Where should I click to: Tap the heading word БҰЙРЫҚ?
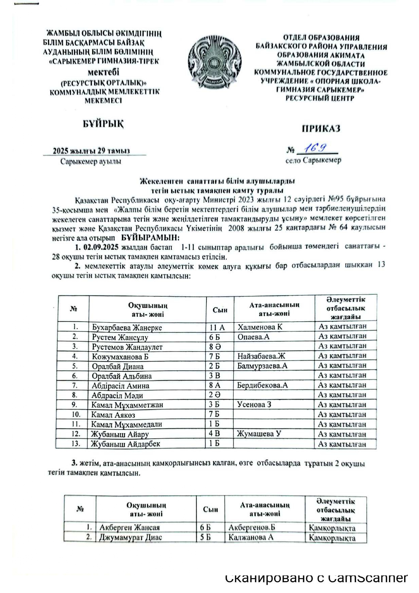[x=103, y=124]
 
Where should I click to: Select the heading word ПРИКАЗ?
[x=321, y=129]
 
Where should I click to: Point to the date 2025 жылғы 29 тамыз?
[x=91, y=151]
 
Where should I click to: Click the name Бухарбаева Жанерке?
[x=127, y=327]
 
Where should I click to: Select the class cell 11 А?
[x=217, y=327]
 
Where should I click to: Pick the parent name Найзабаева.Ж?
[x=261, y=356]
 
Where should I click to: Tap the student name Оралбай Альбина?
[x=122, y=376]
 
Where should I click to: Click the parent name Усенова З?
[x=254, y=404]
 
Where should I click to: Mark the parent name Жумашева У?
[x=259, y=434]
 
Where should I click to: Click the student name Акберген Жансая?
[x=129, y=527]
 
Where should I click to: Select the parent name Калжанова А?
[x=251, y=537]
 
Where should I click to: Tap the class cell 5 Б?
[x=205, y=537]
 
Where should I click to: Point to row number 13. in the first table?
[x=76, y=443]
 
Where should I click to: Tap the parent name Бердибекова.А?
[x=263, y=385]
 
